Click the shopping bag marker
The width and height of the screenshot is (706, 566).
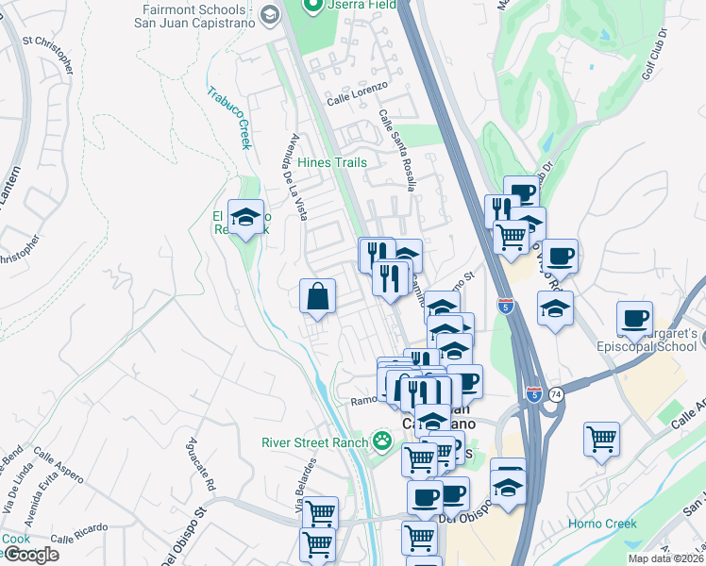click(x=318, y=297)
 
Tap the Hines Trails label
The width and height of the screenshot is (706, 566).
click(x=332, y=162)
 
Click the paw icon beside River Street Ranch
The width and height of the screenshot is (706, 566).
click(x=381, y=441)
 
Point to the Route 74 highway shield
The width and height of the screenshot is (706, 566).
click(x=558, y=394)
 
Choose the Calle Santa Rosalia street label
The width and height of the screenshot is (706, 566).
click(x=397, y=150)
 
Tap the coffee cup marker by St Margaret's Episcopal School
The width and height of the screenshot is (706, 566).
click(x=634, y=319)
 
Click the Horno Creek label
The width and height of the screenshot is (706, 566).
click(x=602, y=524)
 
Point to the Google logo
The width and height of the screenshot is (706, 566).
click(x=30, y=555)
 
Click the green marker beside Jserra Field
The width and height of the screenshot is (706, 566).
click(x=311, y=6)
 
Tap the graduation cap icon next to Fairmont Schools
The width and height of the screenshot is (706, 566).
click(x=269, y=14)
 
